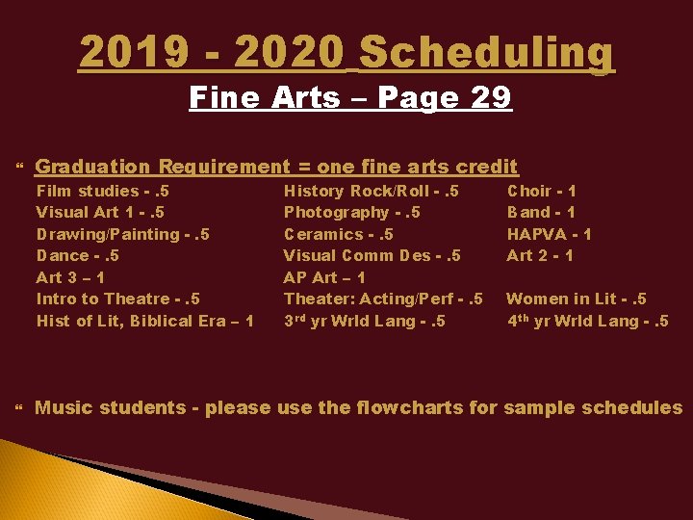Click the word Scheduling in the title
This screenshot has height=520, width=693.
click(x=486, y=54)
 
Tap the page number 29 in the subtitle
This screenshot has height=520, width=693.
click(x=485, y=97)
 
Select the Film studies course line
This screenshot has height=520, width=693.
click(x=102, y=191)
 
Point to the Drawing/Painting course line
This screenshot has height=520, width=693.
click(x=122, y=234)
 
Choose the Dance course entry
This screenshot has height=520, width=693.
click(x=78, y=255)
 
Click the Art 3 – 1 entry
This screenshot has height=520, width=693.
click(x=70, y=277)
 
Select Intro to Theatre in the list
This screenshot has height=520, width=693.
click(x=117, y=299)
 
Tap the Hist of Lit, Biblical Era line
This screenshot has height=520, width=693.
click(x=144, y=321)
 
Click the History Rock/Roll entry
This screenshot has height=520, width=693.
click(x=371, y=191)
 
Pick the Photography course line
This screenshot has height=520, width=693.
click(x=351, y=212)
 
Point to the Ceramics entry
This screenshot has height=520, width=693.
click(x=338, y=234)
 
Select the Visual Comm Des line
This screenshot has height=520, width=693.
click(x=372, y=255)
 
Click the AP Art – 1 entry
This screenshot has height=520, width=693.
click(x=323, y=277)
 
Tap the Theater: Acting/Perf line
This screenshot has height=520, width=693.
click(x=382, y=299)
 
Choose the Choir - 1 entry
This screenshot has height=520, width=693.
click(x=541, y=191)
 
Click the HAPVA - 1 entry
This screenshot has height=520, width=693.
click(x=549, y=234)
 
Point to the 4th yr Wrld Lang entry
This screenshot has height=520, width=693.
click(x=587, y=321)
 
